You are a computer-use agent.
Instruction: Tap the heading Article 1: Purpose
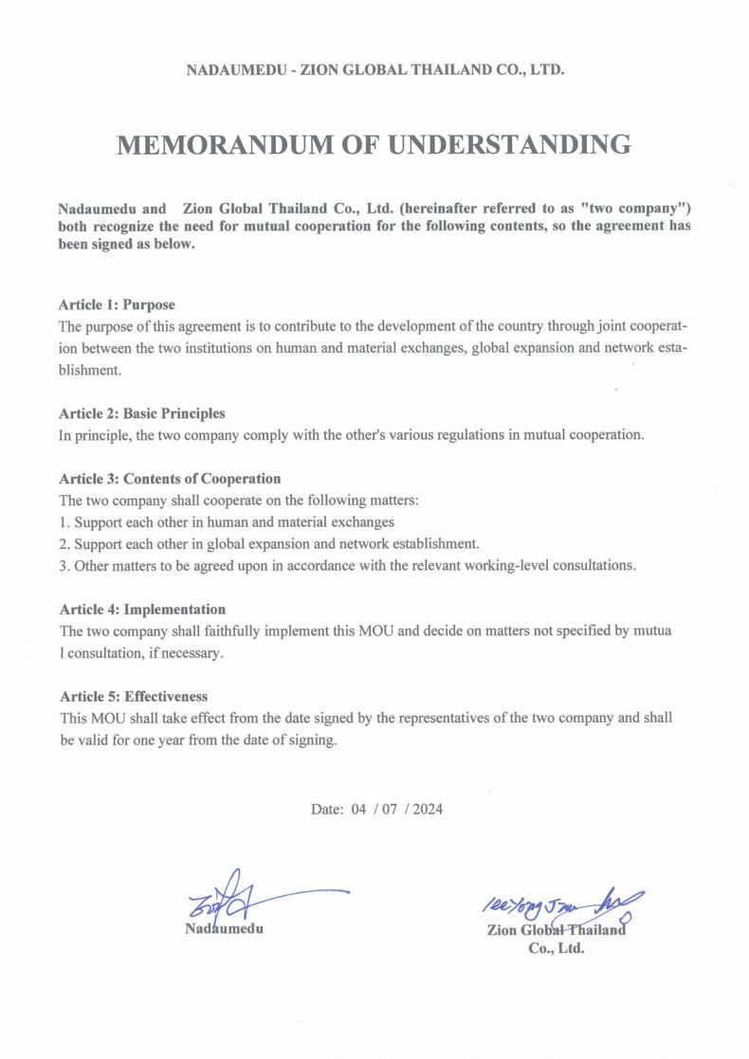117,305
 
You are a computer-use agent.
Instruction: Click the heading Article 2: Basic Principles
142,414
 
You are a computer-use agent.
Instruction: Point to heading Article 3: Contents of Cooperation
170,479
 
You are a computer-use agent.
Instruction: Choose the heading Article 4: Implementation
142,610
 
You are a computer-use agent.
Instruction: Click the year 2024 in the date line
427,810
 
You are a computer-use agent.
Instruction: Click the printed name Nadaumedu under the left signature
223,928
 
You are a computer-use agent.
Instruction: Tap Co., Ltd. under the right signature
557,947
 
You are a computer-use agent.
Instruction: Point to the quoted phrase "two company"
645,208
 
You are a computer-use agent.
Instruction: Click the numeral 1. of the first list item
64,522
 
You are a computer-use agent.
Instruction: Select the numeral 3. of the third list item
64,566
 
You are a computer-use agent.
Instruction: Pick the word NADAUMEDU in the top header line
229,70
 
